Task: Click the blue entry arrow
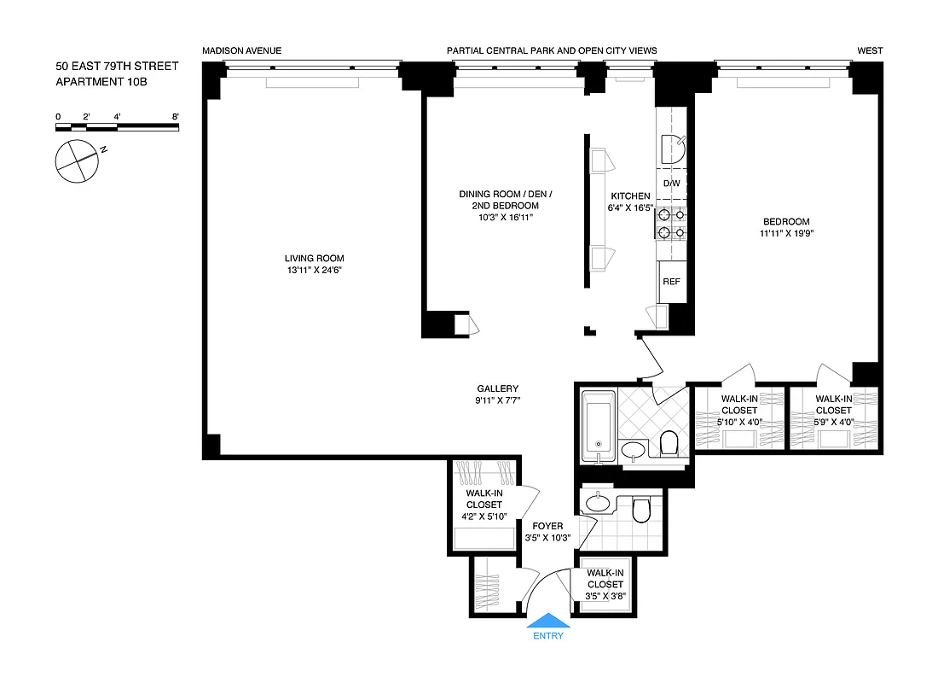[x=547, y=621]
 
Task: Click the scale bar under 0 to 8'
[x=117, y=127]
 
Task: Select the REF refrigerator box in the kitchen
[x=671, y=282]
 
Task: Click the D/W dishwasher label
[x=671, y=184]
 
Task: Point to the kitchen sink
[x=672, y=149]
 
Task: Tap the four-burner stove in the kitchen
[x=671, y=224]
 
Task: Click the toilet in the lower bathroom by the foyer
[x=641, y=510]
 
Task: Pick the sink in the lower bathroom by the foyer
[x=599, y=503]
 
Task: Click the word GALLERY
[x=497, y=388]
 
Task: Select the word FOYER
[x=547, y=526]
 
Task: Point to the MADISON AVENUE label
[x=241, y=51]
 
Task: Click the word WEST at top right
[x=870, y=51]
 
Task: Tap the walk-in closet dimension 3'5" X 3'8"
[x=605, y=596]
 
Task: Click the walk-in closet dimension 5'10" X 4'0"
[x=738, y=422]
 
